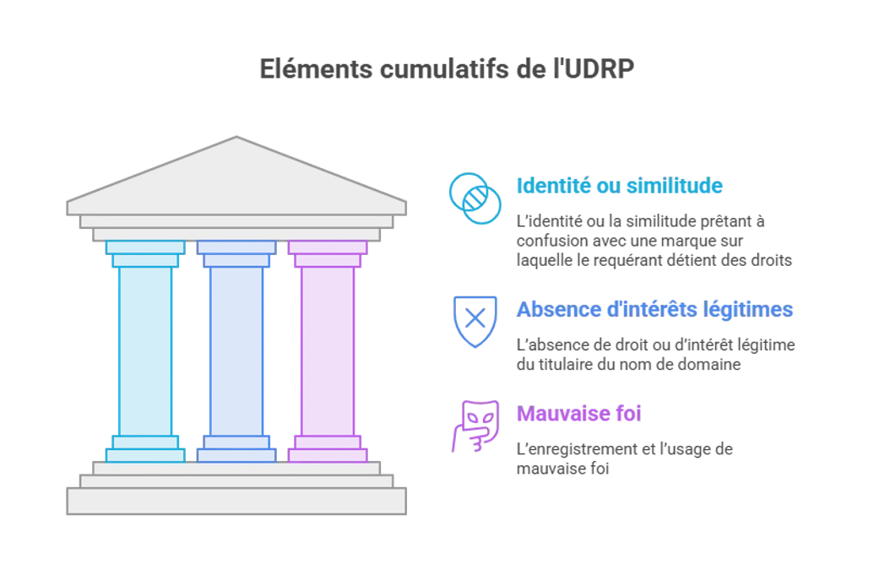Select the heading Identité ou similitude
coord(620,186)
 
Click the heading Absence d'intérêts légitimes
coord(654,309)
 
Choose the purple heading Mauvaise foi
coord(578,414)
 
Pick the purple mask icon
coord(475,426)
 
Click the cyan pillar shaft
coord(145,351)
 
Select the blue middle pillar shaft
coord(236,351)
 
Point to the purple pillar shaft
coord(328,351)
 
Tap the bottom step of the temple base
coord(236,501)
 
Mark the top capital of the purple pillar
coord(328,254)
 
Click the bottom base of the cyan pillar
coord(145,449)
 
